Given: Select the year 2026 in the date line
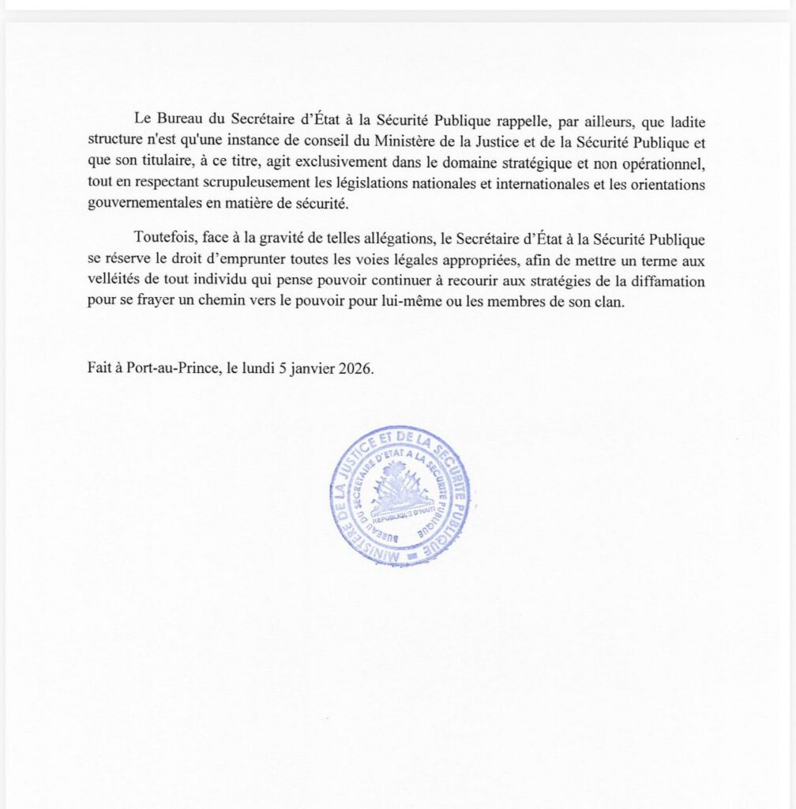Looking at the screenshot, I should click(x=354, y=367).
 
